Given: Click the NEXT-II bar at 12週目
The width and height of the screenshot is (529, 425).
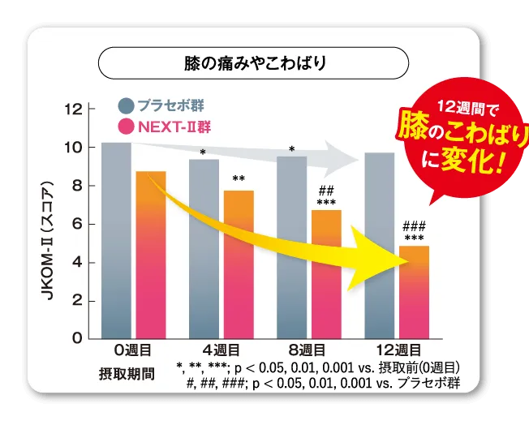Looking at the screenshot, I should [x=414, y=292].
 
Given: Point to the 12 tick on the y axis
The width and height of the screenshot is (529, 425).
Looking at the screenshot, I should [x=73, y=109].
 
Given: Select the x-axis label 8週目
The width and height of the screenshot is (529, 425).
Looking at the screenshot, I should [x=308, y=350].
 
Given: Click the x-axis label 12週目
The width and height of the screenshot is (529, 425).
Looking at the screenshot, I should [x=397, y=350].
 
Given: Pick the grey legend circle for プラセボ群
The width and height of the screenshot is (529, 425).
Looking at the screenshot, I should [x=125, y=105].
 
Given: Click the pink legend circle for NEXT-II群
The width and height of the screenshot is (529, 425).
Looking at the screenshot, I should [x=125, y=127].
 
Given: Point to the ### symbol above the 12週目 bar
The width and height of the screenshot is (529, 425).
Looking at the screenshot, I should [x=414, y=226].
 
